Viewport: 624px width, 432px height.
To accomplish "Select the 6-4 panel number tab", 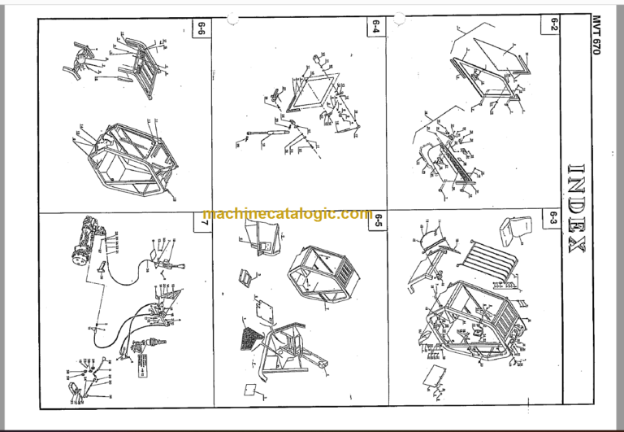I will (x=375, y=27).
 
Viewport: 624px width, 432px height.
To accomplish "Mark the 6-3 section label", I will (x=552, y=218).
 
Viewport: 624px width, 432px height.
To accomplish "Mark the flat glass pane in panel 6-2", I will (x=503, y=61).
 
